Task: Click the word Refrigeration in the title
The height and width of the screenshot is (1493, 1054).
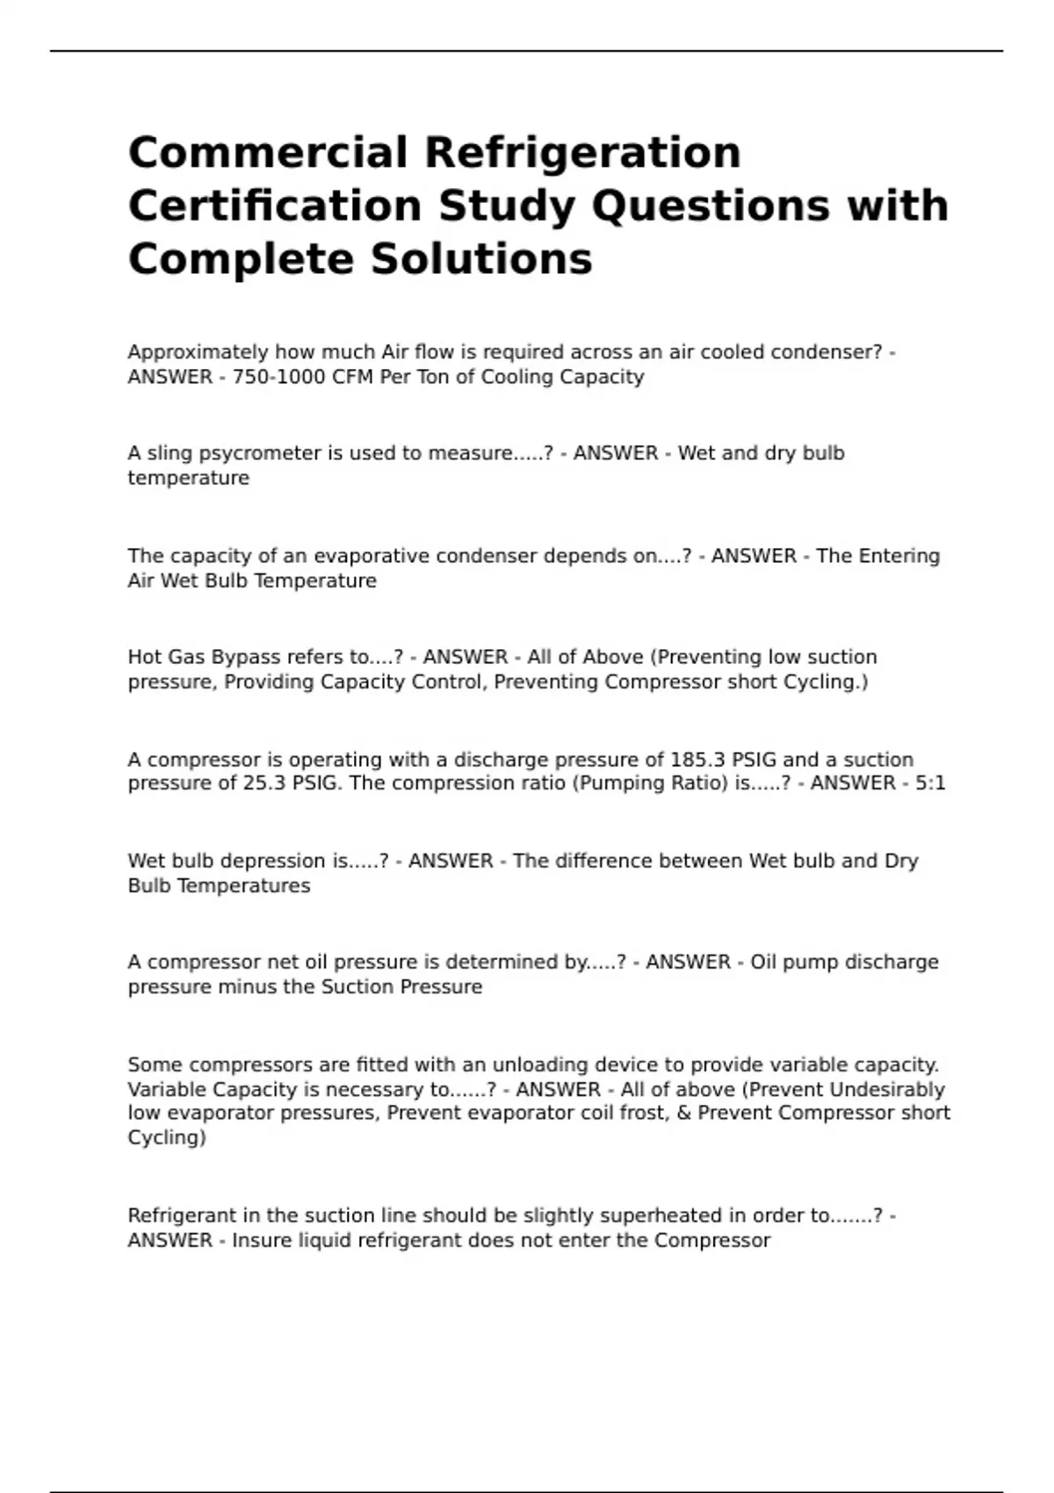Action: (x=583, y=154)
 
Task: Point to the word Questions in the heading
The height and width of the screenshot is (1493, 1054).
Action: (x=710, y=207)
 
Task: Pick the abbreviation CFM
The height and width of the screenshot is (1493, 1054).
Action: (x=354, y=378)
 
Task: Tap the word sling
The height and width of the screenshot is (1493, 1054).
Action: (x=159, y=454)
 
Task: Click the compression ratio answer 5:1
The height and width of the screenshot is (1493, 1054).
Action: (x=930, y=783)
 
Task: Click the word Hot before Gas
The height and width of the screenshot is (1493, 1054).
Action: (x=144, y=658)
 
